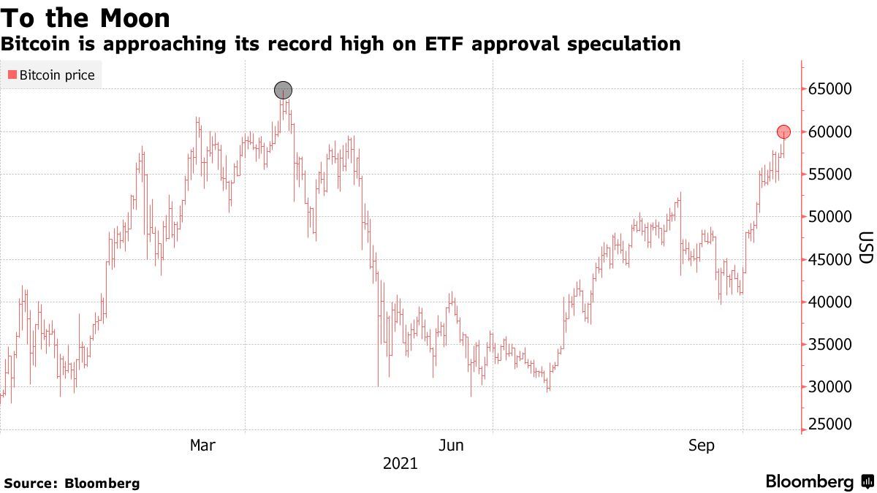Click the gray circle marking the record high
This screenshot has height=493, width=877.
(x=283, y=91)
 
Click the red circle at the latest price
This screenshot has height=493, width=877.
(x=783, y=132)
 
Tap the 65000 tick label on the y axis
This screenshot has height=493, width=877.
(x=829, y=89)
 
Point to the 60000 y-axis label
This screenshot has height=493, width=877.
(x=829, y=132)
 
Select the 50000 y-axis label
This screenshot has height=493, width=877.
(x=829, y=217)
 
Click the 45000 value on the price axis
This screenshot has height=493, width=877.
(x=829, y=259)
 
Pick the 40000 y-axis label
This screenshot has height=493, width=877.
(x=829, y=302)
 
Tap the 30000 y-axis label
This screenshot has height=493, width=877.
(x=829, y=386)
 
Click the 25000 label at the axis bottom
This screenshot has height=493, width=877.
(x=829, y=425)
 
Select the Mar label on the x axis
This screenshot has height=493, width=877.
(x=202, y=445)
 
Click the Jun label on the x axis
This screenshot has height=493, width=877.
(x=451, y=445)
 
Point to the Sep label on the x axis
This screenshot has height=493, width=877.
(x=701, y=445)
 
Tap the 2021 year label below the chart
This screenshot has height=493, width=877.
(x=400, y=464)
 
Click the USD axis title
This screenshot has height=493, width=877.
(x=865, y=248)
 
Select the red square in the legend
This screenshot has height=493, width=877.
(x=12, y=75)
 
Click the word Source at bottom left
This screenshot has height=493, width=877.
(x=30, y=483)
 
